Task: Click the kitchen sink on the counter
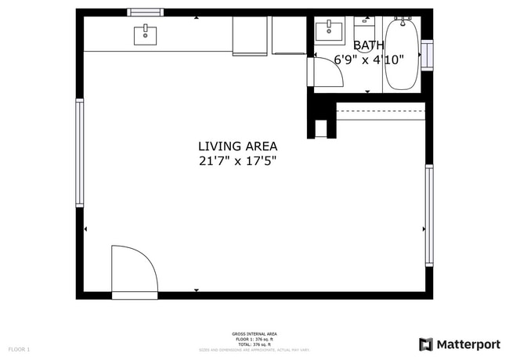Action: point(145,35)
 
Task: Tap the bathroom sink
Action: point(330,32)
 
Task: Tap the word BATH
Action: point(368,45)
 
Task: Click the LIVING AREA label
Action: point(237,146)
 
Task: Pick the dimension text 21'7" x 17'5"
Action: point(237,161)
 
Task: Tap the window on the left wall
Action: point(79,153)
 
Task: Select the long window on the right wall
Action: point(429,214)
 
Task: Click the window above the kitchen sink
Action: point(146,13)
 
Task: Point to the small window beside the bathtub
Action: point(427,56)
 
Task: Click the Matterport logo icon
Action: point(426,344)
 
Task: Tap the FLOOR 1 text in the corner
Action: point(19,349)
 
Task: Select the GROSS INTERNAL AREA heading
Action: point(254,334)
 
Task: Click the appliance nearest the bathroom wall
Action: point(288,36)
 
